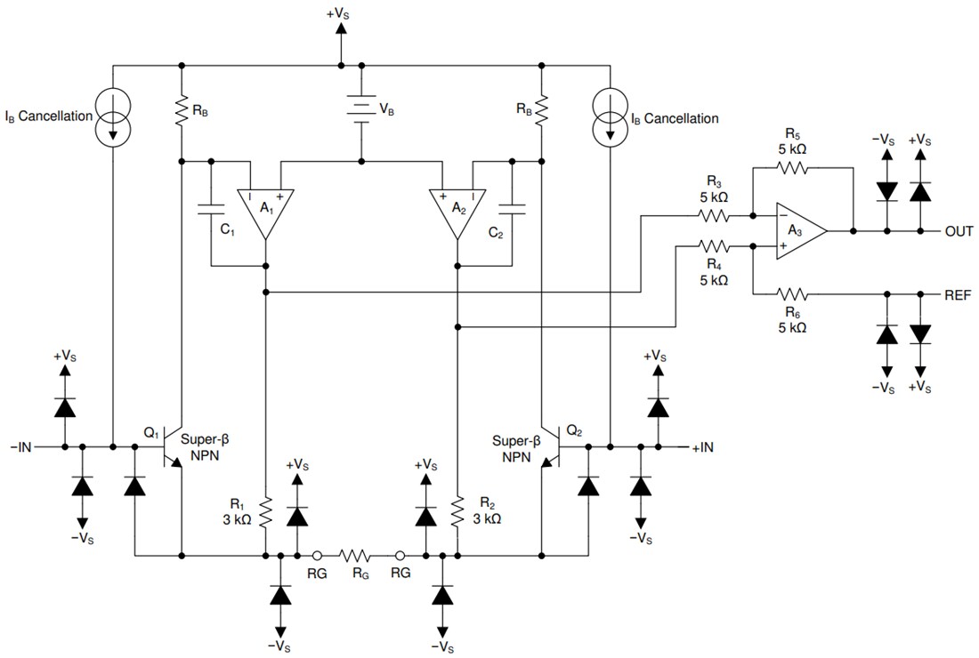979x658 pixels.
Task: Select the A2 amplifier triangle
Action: click(x=457, y=211)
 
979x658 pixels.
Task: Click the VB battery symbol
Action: click(x=360, y=111)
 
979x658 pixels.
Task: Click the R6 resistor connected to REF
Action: click(x=792, y=293)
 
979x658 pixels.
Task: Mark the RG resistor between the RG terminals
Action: click(x=359, y=555)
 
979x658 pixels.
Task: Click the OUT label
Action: click(x=959, y=231)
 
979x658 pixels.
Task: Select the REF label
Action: click(x=958, y=293)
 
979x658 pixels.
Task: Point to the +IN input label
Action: click(x=702, y=446)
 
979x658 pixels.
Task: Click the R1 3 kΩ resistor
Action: click(x=266, y=512)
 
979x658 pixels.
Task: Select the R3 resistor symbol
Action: click(x=714, y=215)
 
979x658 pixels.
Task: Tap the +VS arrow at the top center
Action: click(x=341, y=31)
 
